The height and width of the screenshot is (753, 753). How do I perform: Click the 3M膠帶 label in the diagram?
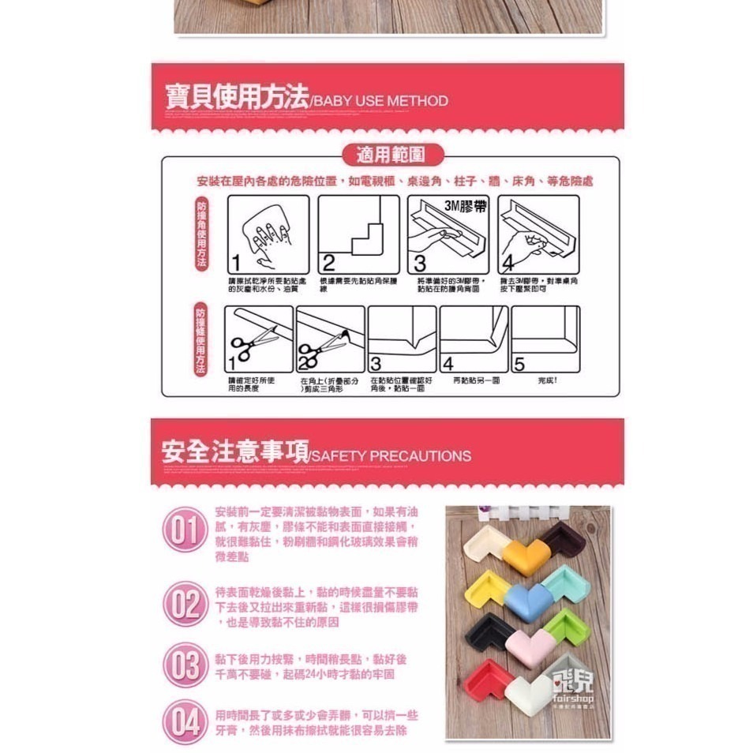pos(466,206)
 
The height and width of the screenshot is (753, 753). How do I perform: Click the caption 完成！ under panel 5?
pos(547,381)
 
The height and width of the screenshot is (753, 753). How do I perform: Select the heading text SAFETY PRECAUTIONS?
pos(391,456)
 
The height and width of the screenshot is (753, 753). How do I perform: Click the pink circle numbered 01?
pos(185,530)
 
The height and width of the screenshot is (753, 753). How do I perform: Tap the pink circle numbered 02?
pos(185,605)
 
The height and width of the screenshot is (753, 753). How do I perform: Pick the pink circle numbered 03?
pos(185,665)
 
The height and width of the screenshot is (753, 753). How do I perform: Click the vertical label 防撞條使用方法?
pos(200,340)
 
